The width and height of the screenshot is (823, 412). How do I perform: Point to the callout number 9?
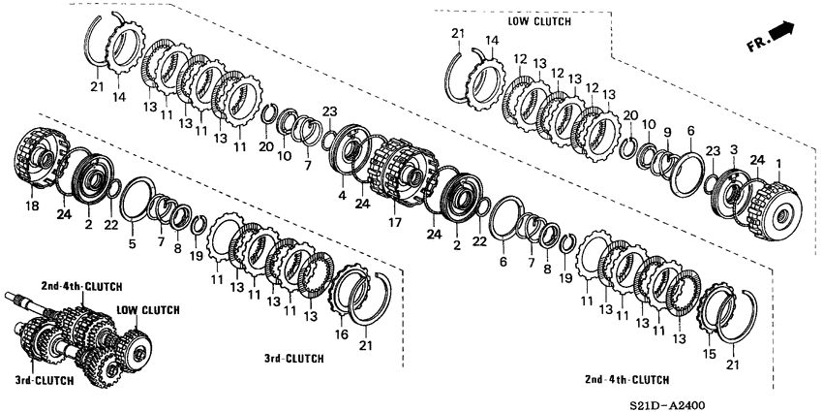click(667, 132)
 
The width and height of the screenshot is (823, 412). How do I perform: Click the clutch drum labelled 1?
click(774, 208)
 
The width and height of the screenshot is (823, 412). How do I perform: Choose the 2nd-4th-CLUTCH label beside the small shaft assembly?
click(80, 287)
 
